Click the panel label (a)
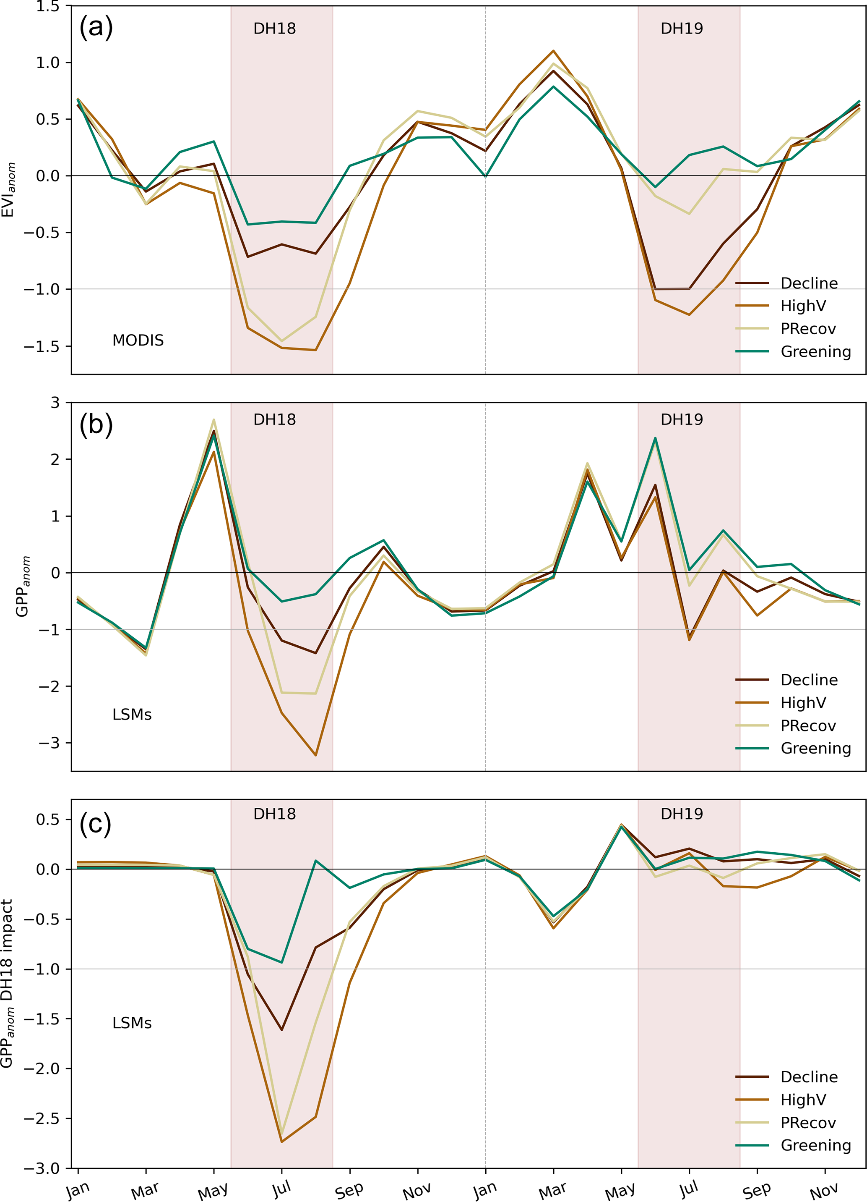(96, 27)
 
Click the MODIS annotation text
(138, 340)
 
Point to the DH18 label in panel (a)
(274, 29)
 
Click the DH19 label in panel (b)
(681, 420)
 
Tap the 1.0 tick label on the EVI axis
(48, 63)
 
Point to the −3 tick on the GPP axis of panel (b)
(49, 743)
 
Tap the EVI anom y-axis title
(9, 190)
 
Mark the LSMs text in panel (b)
(132, 715)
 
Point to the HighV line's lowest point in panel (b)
(316, 755)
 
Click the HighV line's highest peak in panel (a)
(553, 51)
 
